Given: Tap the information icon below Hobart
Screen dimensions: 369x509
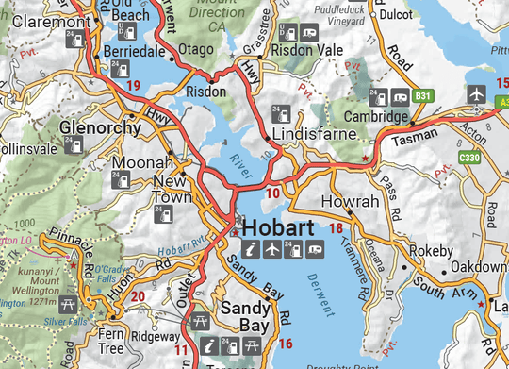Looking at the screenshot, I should pos(250,249).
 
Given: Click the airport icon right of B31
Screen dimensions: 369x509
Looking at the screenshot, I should pos(476,95).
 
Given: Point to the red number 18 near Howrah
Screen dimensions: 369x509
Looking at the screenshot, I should pos(336,227).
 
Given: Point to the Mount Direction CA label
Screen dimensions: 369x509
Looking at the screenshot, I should pos(229,12).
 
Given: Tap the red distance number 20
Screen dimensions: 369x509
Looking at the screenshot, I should pos(138,298).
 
